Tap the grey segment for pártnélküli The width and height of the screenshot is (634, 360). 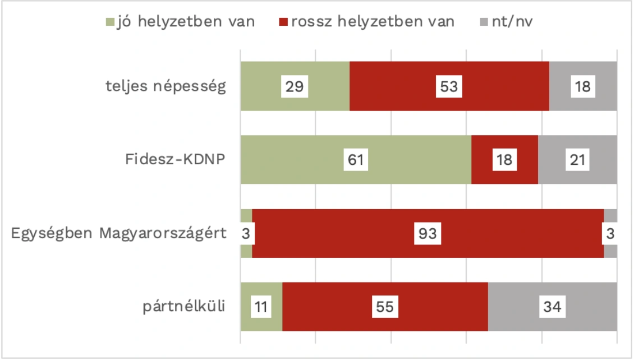[584, 307]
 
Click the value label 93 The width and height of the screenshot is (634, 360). [428, 234]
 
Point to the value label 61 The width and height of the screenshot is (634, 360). [356, 160]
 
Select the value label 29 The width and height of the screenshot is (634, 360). [295, 86]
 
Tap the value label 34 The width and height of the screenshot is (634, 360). [552, 307]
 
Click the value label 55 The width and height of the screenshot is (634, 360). [385, 307]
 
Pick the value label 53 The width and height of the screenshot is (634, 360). [449, 86]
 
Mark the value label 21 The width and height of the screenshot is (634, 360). [577, 160]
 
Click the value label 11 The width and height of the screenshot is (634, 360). [261, 307]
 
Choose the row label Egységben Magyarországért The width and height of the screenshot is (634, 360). [119, 233]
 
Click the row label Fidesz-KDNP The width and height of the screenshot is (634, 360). [176, 160]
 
